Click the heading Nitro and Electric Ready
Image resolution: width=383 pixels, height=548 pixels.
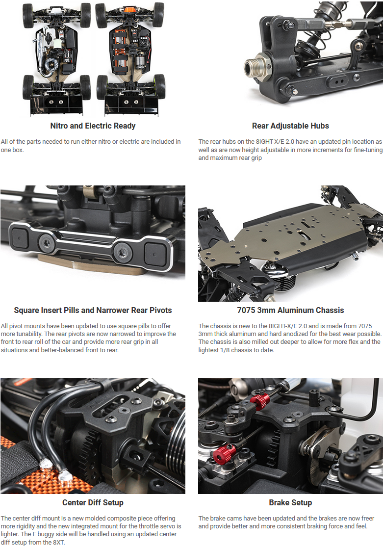pos(93,126)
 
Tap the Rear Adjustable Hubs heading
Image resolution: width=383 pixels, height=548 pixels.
pos(290,126)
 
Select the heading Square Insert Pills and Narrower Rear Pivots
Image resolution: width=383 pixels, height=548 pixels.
pos(93,310)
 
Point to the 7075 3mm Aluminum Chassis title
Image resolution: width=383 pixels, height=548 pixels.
pos(290,310)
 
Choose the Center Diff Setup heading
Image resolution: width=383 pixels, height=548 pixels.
pos(93,502)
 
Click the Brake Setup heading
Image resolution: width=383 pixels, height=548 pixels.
pos(290,502)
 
